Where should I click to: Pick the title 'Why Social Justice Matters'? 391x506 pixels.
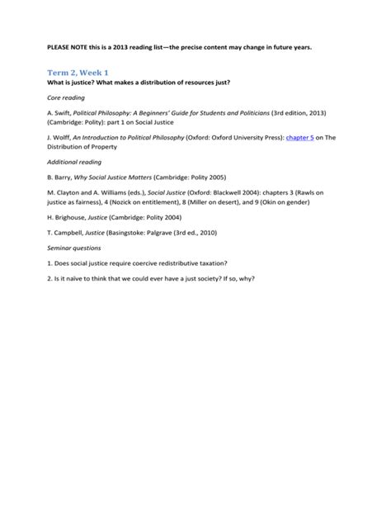coord(117,177)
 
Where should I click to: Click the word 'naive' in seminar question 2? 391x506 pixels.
coord(70,277)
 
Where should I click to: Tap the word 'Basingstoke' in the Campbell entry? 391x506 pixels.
coord(139,233)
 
